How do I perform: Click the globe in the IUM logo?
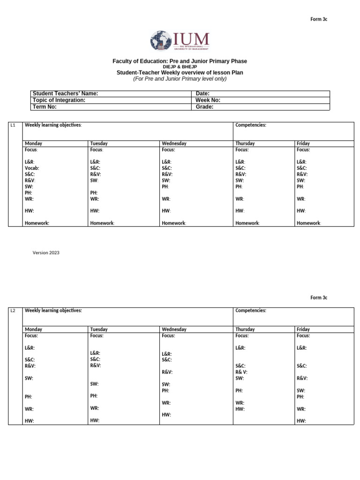click(x=161, y=41)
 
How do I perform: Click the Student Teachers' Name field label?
click(x=65, y=94)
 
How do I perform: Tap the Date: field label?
click(x=202, y=94)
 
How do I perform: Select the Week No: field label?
click(x=208, y=100)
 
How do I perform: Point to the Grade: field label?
click(x=204, y=107)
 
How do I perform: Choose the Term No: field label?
click(x=45, y=107)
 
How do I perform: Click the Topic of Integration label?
click(x=59, y=100)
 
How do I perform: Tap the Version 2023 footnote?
click(x=46, y=253)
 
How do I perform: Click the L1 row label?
click(x=13, y=125)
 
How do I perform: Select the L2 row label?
click(x=13, y=311)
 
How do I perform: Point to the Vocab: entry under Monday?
click(x=32, y=168)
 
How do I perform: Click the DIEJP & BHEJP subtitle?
click(x=180, y=67)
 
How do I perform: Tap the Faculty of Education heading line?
click(x=180, y=61)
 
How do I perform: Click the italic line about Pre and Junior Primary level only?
click(x=180, y=79)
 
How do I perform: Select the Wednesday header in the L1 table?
click(x=174, y=143)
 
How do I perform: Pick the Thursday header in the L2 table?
click(x=245, y=330)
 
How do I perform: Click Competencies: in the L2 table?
click(x=251, y=311)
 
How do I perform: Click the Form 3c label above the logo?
click(x=319, y=19)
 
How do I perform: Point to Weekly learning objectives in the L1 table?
click(x=53, y=125)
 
